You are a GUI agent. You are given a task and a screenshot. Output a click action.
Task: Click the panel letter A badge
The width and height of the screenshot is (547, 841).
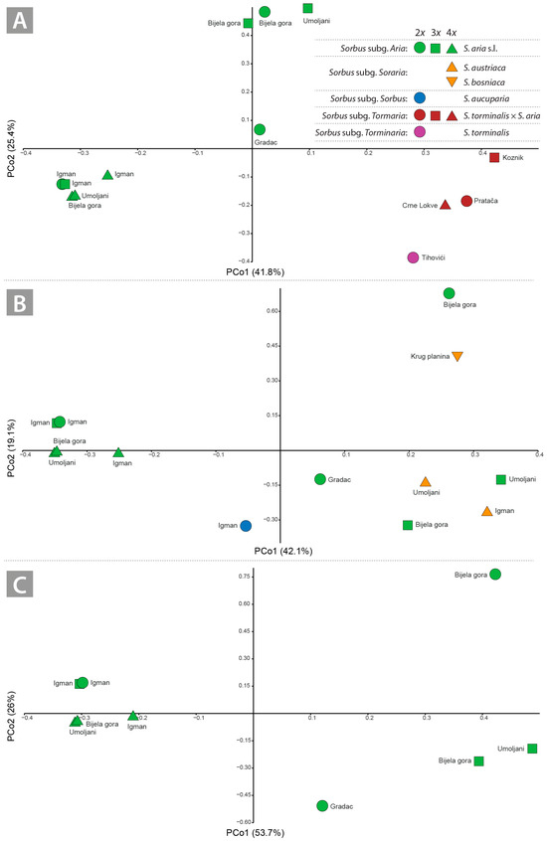tap(20, 21)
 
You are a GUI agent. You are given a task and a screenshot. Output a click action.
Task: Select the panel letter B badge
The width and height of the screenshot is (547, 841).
tap(20, 302)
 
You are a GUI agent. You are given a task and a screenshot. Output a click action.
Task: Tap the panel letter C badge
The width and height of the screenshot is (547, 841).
tap(20, 585)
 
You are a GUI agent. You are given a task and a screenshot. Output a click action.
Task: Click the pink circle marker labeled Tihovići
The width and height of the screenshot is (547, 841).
tap(413, 257)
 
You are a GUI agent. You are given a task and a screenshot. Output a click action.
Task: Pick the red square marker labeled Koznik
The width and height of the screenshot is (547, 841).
tap(494, 157)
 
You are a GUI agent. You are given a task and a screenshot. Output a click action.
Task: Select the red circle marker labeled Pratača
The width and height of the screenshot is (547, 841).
tap(466, 201)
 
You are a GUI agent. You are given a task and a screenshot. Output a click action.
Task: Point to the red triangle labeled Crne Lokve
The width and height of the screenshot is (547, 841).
tap(445, 205)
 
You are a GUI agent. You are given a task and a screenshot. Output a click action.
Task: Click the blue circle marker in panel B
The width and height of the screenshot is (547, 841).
tap(246, 526)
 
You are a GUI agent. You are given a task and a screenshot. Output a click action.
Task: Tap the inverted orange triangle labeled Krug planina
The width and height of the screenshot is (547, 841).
tap(457, 357)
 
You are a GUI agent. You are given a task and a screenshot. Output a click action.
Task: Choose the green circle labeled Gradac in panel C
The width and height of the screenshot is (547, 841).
tap(322, 805)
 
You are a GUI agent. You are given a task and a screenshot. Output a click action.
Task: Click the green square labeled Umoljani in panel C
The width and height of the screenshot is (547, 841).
tap(532, 749)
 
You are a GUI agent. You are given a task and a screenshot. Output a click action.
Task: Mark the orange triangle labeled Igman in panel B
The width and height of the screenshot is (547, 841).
tap(487, 511)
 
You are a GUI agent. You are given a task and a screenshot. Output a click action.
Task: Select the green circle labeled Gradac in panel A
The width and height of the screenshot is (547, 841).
tap(260, 129)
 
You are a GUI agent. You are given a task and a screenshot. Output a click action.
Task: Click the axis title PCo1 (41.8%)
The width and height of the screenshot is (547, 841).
tap(255, 272)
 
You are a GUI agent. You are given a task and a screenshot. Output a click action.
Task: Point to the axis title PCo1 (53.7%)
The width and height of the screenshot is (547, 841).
tap(255, 833)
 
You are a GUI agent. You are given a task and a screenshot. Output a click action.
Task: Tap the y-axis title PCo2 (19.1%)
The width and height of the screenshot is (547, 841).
tap(11, 448)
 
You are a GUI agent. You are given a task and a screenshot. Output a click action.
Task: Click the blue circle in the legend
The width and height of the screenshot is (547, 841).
tap(420, 98)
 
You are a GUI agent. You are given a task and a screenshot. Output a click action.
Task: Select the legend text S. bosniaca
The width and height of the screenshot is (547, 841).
tap(484, 83)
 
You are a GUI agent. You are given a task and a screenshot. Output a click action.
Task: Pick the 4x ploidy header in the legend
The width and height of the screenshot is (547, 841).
tap(452, 33)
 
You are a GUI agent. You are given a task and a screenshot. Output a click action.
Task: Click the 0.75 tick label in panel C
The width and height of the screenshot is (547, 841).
tap(244, 577)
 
